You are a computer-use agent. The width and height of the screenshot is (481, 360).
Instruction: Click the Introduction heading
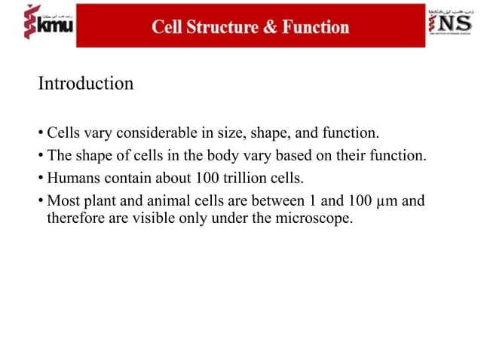pos(86,84)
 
